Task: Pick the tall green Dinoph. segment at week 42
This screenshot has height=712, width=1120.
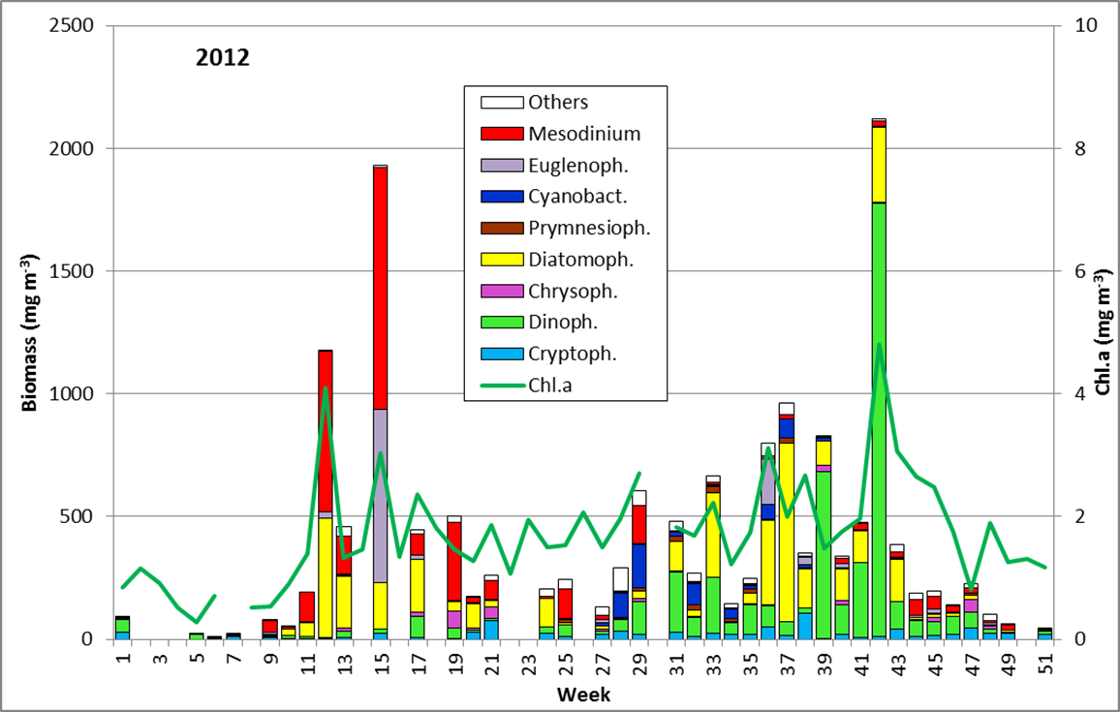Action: pyautogui.click(x=879, y=417)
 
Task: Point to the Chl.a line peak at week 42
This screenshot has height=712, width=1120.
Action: pyautogui.click(x=879, y=344)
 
